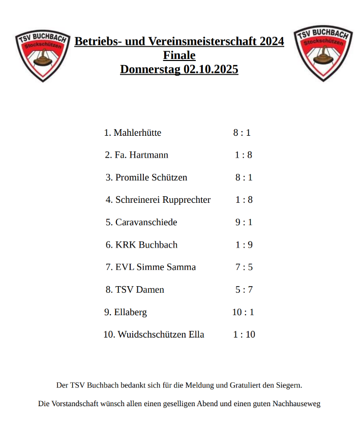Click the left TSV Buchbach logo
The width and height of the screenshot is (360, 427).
pyautogui.click(x=42, y=55)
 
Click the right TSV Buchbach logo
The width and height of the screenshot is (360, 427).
pyautogui.click(x=322, y=53)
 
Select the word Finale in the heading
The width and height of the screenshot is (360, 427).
pyautogui.click(x=179, y=55)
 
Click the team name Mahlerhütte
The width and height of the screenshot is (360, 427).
pyautogui.click(x=137, y=133)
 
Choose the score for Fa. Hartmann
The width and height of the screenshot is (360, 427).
pyautogui.click(x=244, y=155)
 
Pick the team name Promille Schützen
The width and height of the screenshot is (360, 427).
pyautogui.click(x=151, y=177)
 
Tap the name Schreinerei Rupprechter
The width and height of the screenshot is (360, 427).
pyautogui.click(x=163, y=200)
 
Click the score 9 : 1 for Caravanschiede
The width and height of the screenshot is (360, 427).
pyautogui.click(x=244, y=222)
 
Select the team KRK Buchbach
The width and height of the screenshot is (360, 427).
pyautogui.click(x=146, y=245)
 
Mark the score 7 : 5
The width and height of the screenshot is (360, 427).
pyautogui.click(x=244, y=267)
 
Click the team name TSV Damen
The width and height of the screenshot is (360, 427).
pyautogui.click(x=140, y=289)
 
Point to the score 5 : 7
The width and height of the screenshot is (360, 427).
pyautogui.click(x=244, y=289)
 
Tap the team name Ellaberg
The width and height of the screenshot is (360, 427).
pyautogui.click(x=131, y=312)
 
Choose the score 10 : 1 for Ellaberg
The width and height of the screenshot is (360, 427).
pyautogui.click(x=243, y=312)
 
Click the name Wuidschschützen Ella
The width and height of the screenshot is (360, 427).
pyautogui.click(x=161, y=334)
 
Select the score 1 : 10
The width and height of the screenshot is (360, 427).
pyautogui.click(x=244, y=334)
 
